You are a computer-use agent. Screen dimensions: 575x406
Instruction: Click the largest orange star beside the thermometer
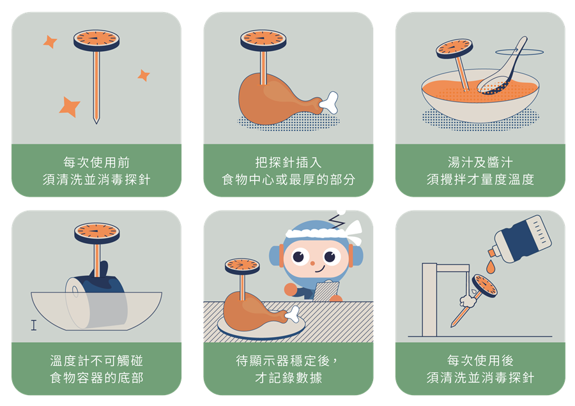[69, 107]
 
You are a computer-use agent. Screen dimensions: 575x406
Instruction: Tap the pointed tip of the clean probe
[96, 123]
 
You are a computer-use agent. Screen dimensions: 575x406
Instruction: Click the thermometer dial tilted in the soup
[454, 49]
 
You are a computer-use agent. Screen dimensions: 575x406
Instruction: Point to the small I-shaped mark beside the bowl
[34, 325]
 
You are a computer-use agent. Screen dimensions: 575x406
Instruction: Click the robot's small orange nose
[312, 263]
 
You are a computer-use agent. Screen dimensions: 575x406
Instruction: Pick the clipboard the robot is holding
[326, 291]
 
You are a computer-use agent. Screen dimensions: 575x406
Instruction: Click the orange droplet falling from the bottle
[490, 266]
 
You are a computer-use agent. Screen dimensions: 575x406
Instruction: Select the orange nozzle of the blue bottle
[492, 252]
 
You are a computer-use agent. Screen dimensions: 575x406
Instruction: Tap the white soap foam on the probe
[468, 301]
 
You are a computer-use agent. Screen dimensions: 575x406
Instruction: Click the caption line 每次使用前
[96, 162]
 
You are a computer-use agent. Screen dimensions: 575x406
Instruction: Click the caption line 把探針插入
[288, 162]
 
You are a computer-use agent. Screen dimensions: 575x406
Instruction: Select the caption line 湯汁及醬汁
[480, 162]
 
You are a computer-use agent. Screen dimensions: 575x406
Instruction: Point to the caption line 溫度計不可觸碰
[96, 361]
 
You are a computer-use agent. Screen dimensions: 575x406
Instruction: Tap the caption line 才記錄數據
[288, 378]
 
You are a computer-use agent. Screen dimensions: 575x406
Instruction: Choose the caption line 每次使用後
[480, 361]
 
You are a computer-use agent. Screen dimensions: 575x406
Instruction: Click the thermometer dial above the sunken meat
[97, 234]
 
